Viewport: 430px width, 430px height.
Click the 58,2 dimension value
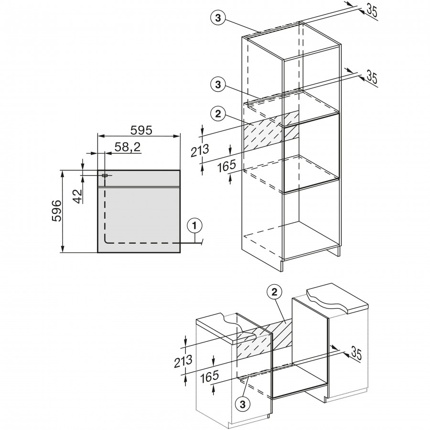pyautogui.click(x=127, y=148)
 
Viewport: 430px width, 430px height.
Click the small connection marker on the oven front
pyautogui.click(x=104, y=175)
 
